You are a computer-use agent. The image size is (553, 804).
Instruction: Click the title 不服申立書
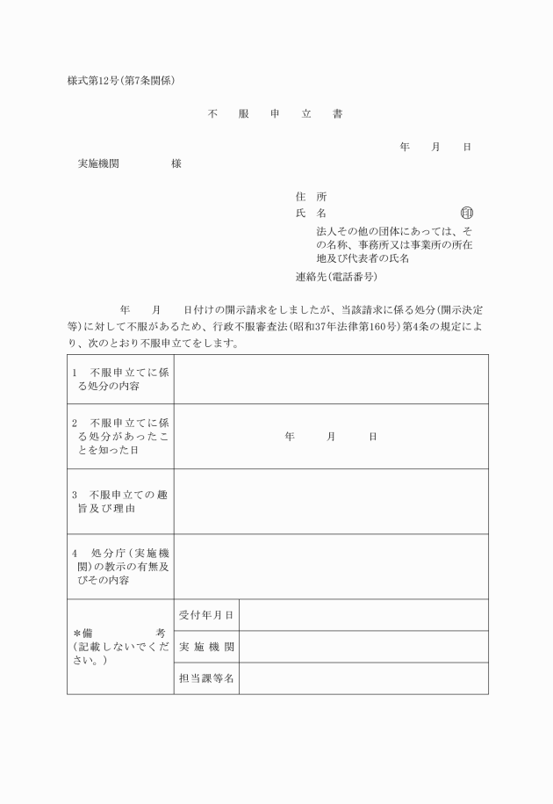tap(274, 114)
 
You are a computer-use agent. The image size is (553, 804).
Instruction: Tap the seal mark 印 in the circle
tap(466, 213)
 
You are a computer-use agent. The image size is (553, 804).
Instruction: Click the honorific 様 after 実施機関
tap(176, 164)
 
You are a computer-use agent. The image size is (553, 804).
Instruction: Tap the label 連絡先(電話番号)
tap(337, 276)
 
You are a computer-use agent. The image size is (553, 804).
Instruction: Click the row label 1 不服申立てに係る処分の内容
tap(120, 379)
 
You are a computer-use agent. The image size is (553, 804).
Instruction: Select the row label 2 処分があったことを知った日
tap(120, 436)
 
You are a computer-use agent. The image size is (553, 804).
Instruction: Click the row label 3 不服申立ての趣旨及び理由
tap(120, 501)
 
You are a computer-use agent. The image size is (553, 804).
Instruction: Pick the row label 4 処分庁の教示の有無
tap(120, 567)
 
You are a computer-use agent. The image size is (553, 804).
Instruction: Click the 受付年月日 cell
tap(206, 615)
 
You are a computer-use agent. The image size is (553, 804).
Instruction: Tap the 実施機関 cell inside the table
tap(206, 647)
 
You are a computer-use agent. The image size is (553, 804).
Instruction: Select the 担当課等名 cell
tap(206, 678)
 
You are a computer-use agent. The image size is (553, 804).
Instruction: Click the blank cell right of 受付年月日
tap(363, 615)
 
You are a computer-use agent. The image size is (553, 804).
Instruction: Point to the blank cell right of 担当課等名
tap(363, 678)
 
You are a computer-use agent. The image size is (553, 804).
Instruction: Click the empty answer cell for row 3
tap(331, 501)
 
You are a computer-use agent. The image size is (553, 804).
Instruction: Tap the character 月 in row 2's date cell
tap(331, 436)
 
